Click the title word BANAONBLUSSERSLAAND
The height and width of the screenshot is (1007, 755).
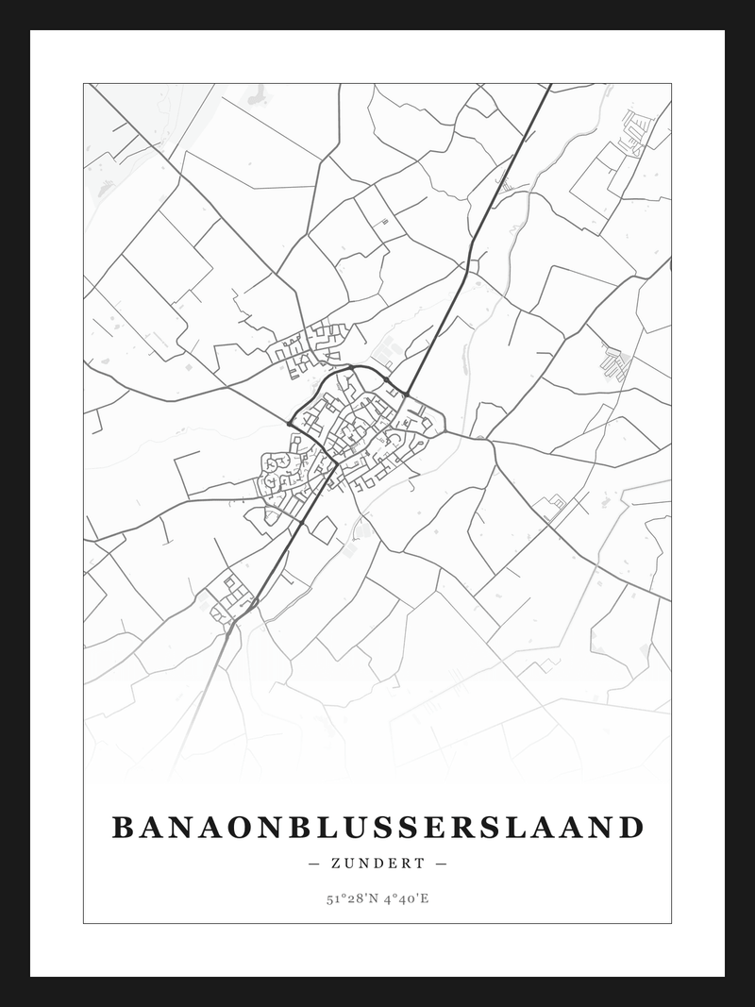click(x=377, y=828)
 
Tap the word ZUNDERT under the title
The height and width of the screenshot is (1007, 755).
click(x=377, y=864)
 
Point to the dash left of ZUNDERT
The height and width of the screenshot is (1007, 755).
click(x=314, y=864)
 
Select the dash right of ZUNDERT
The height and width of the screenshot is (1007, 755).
click(x=441, y=864)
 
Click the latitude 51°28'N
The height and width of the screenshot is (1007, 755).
click(x=350, y=898)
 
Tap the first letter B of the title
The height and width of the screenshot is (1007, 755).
click(x=123, y=828)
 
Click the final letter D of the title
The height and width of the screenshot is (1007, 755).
click(x=633, y=828)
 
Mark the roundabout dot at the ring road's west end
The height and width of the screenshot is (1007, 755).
click(x=289, y=424)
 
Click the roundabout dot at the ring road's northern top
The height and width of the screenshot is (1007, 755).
click(x=351, y=366)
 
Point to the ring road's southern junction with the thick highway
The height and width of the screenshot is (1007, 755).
click(x=334, y=463)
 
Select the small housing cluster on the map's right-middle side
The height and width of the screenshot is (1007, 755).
click(x=615, y=361)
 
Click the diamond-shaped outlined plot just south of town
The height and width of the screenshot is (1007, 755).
click(x=324, y=529)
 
